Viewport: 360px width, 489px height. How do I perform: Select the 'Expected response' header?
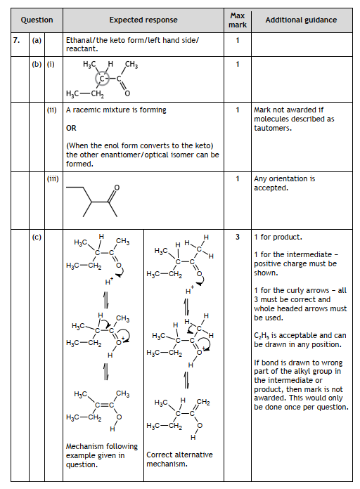click(143, 20)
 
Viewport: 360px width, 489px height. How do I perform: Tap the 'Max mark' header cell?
click(238, 20)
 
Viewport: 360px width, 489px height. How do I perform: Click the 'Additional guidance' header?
click(301, 20)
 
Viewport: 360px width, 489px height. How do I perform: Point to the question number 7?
click(17, 40)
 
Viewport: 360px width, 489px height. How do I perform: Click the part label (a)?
click(37, 40)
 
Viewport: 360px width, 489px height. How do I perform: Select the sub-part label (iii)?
click(53, 179)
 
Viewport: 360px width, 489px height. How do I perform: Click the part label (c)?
click(37, 237)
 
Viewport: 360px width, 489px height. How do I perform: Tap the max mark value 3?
click(238, 237)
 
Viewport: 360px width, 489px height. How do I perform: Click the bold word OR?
click(71, 129)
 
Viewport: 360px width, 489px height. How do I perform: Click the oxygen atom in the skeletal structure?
click(117, 187)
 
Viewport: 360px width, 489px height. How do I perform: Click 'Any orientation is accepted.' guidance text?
click(284, 183)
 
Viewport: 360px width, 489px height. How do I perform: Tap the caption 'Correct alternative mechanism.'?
click(179, 459)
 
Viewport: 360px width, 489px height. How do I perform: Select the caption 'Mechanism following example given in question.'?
click(101, 455)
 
